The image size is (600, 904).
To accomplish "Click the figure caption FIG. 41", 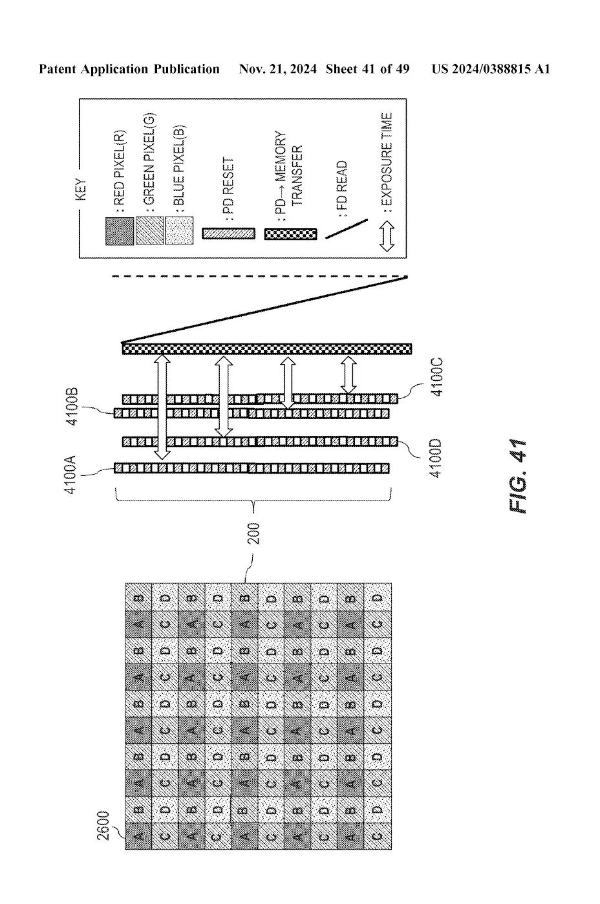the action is [x=519, y=476].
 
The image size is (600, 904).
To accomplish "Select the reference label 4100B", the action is [x=72, y=407].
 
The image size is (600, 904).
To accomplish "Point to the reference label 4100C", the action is [x=436, y=377].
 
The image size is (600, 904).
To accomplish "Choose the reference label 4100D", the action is [x=436, y=458].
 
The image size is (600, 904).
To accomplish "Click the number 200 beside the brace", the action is [x=254, y=534].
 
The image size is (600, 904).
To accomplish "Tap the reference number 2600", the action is [x=103, y=826].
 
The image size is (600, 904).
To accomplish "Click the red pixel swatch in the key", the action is [x=120, y=231].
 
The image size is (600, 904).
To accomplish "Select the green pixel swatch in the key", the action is [x=149, y=230].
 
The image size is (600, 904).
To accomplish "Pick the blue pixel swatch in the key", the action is [x=178, y=230].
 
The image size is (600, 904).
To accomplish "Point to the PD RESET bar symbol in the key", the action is [x=228, y=233].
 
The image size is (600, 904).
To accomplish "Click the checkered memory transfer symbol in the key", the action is [x=291, y=235].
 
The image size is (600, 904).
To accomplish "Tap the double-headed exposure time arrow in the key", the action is [x=387, y=236].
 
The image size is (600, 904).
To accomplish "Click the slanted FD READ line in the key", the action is [x=347, y=229].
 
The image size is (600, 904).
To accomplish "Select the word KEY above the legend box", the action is [x=81, y=189].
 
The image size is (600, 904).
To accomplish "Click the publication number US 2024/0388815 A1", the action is [x=491, y=69].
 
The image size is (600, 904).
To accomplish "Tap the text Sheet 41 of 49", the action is [x=368, y=69].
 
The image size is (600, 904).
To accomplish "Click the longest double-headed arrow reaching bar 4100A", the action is [x=162, y=406].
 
